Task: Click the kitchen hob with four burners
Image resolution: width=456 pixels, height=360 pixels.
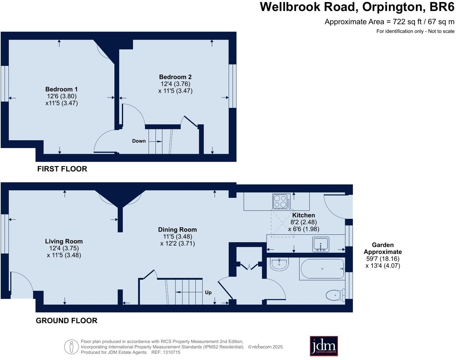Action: point(282,201)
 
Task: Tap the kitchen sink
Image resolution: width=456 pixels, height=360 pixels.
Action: point(321,244)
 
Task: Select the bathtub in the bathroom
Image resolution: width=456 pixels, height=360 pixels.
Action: point(322,269)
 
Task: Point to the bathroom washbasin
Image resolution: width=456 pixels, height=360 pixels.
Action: point(279,264)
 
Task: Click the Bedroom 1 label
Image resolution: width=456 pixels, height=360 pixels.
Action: point(62,89)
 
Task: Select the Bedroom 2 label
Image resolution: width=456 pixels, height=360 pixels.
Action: point(175,77)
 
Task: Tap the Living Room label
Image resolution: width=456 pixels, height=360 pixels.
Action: point(64,241)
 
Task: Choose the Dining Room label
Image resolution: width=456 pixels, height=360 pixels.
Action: point(177,230)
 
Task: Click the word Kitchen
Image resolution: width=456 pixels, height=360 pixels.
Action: point(304,215)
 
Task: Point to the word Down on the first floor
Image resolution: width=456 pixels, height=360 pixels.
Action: point(139,141)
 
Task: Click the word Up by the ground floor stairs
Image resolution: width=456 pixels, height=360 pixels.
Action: point(208,292)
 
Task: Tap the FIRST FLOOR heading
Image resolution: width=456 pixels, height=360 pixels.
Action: point(62,169)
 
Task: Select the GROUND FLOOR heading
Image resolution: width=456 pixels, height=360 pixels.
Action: point(67,321)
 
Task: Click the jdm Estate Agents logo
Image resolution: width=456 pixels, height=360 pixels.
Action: point(324,346)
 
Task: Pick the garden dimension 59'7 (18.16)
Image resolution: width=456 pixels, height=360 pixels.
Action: point(383,259)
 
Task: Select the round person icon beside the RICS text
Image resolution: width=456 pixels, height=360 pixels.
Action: point(71,347)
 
